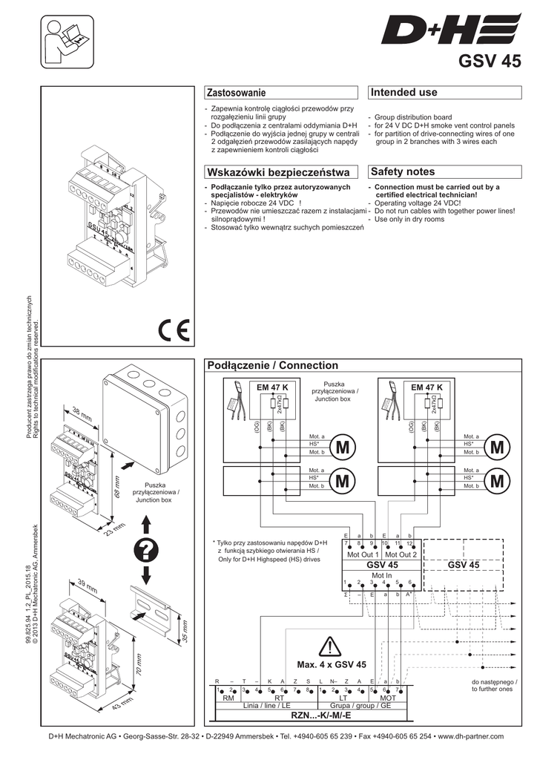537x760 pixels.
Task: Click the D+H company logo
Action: (x=452, y=33)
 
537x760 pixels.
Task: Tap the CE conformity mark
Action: (x=174, y=328)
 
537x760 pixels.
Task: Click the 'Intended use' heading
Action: (x=403, y=92)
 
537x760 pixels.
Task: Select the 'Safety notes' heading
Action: (x=402, y=171)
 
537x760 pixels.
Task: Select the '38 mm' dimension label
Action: (x=81, y=412)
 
